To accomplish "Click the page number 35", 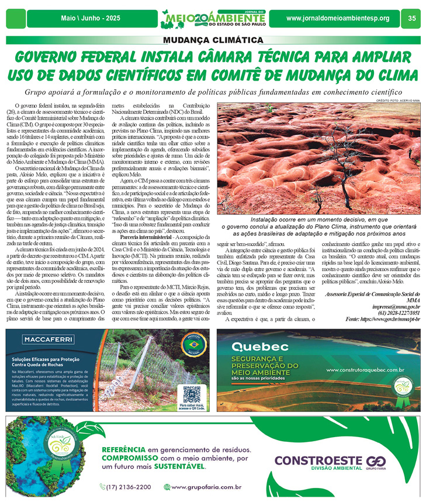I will tap(412, 19).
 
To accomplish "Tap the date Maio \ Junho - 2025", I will tap(91, 19).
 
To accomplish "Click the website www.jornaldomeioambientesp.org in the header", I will tap(338, 19).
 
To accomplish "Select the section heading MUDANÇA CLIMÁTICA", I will tap(213, 40).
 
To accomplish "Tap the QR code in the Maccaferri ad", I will tap(191, 392).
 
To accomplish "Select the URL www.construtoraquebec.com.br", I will tap(365, 369).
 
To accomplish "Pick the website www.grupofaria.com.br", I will tap(206, 486).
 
